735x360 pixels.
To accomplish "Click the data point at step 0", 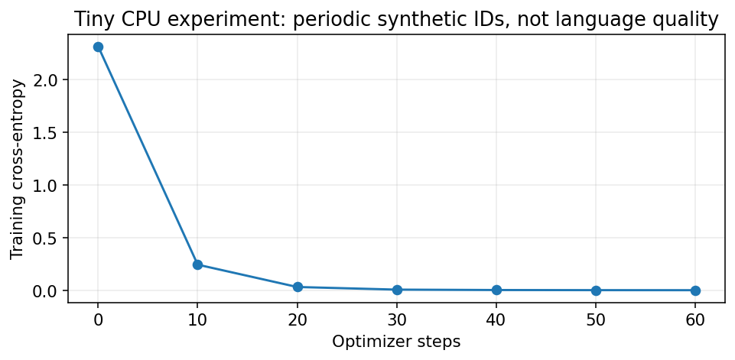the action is [98, 47].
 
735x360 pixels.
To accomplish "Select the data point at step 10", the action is [197, 265].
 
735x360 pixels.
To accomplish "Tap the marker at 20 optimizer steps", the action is [298, 287].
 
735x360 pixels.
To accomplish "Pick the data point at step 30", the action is [397, 290].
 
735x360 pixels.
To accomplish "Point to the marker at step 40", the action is [496, 290].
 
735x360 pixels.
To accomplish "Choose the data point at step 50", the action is [596, 290].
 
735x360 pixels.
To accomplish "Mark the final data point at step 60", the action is [695, 290].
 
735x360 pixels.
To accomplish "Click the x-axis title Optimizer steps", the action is [396, 342].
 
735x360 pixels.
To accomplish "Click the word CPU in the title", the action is [126, 20].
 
